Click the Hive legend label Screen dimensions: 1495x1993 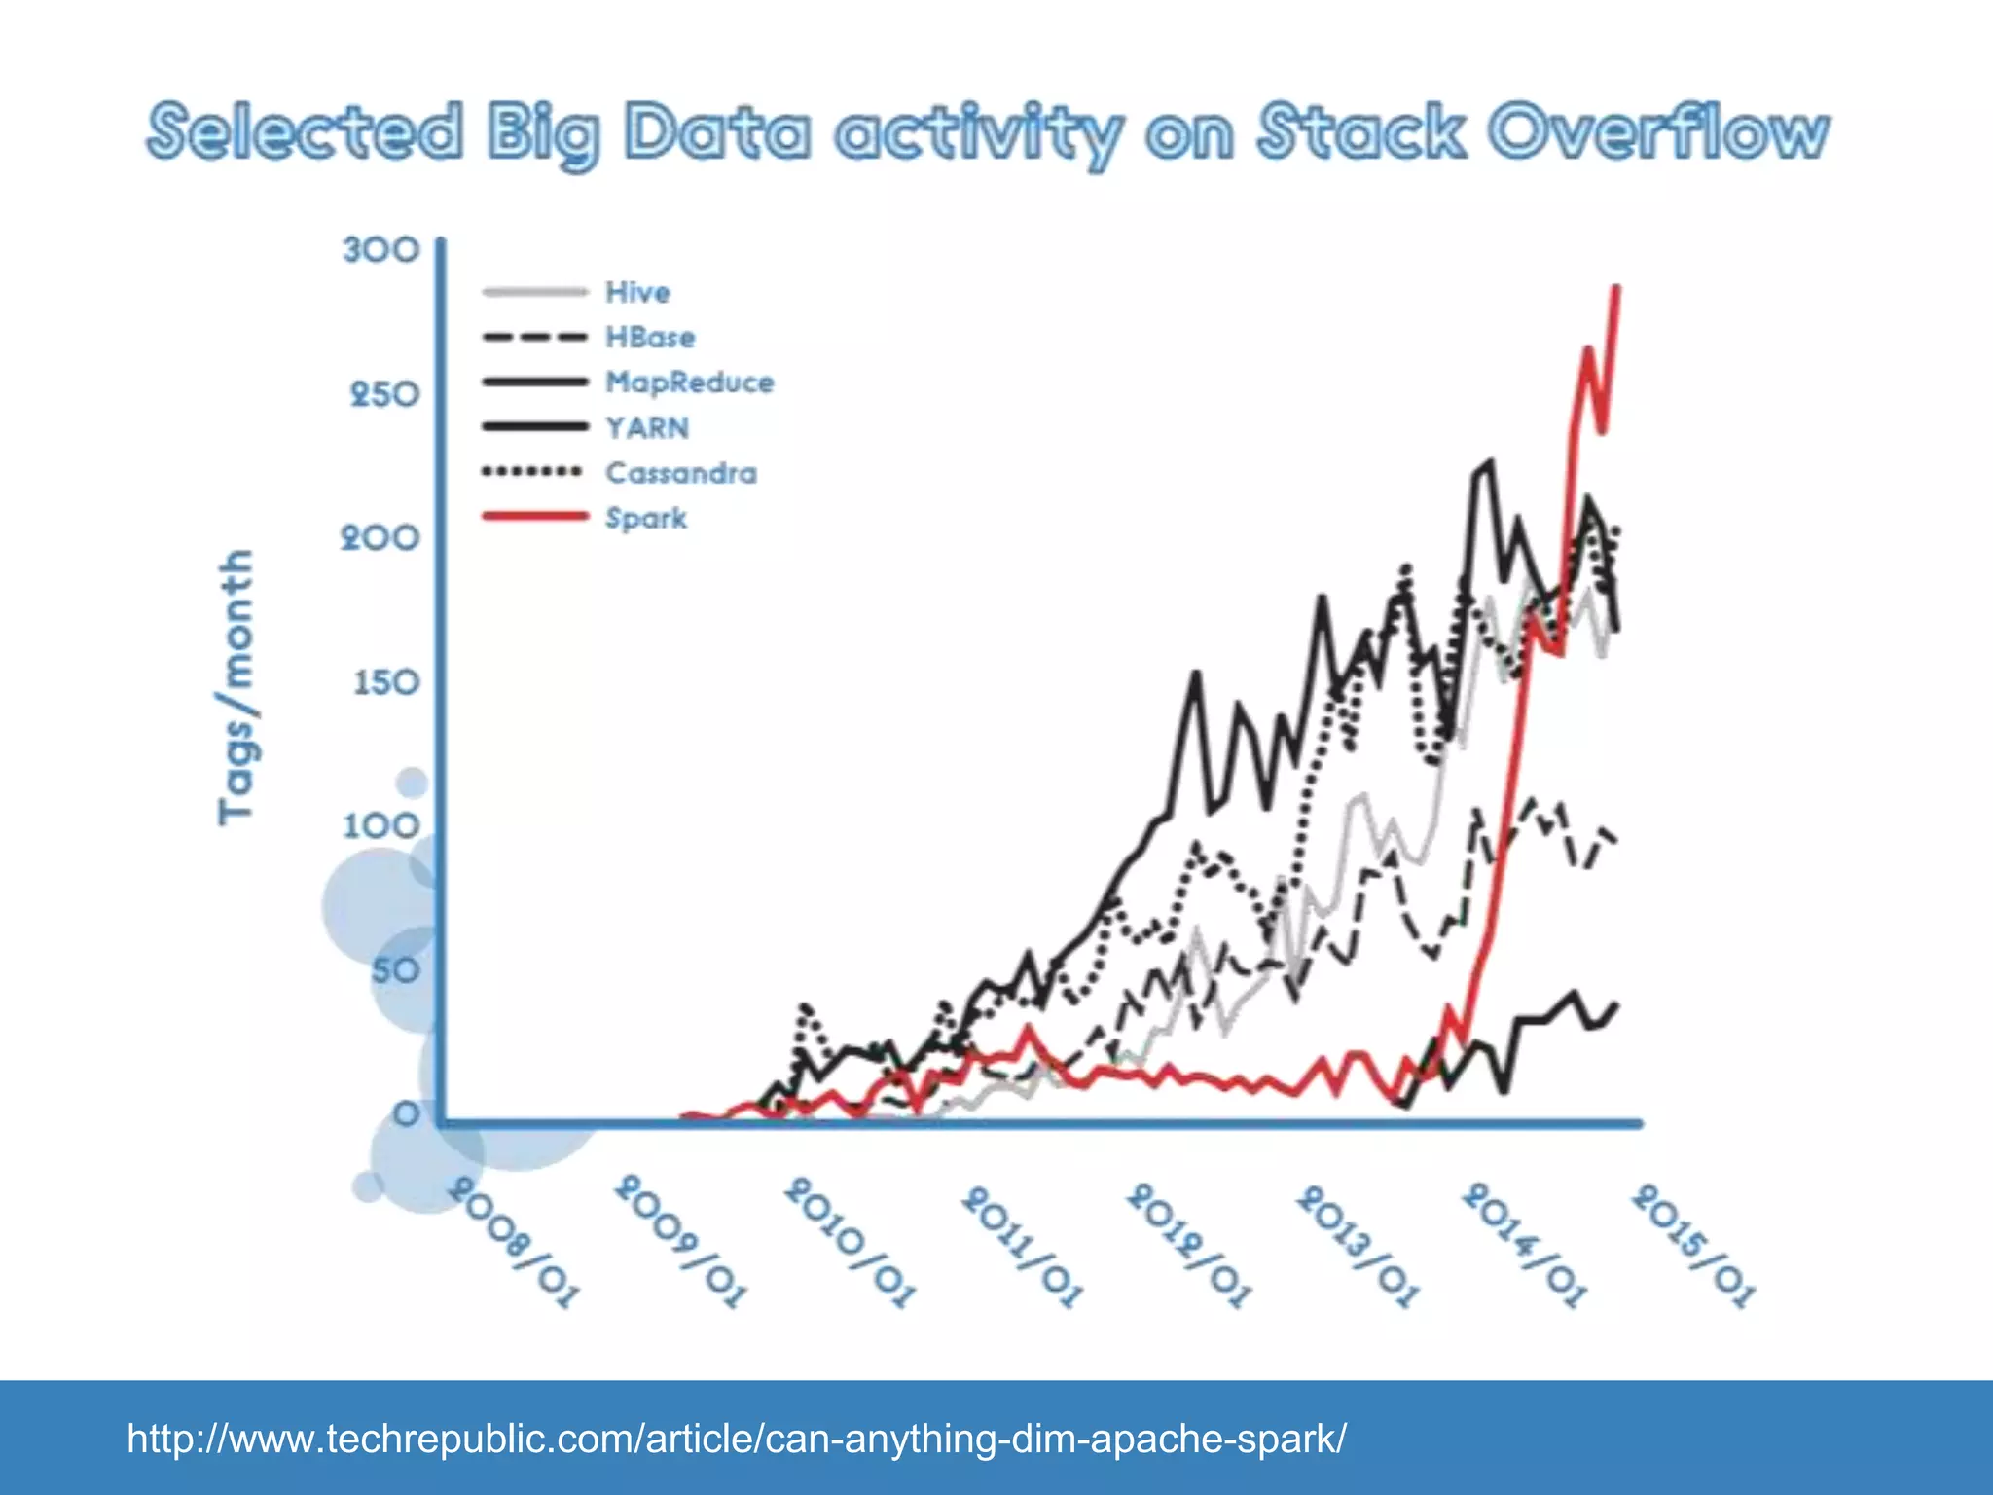(x=637, y=292)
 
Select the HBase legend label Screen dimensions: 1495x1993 (x=650, y=338)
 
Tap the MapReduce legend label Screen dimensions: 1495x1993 (x=689, y=383)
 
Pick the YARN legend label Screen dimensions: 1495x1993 (x=647, y=428)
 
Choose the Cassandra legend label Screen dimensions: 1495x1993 (x=680, y=473)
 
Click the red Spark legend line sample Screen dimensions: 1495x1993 (x=534, y=516)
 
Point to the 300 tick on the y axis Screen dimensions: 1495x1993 (x=380, y=250)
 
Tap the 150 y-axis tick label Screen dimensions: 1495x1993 (x=386, y=682)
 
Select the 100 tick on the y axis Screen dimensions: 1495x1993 (x=380, y=826)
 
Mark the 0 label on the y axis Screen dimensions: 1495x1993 (x=406, y=1113)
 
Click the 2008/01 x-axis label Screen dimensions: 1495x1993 (x=513, y=1244)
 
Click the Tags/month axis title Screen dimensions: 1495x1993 (x=236, y=686)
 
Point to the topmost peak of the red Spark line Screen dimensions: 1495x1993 (x=1617, y=287)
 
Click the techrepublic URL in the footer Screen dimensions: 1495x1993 (x=737, y=1438)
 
